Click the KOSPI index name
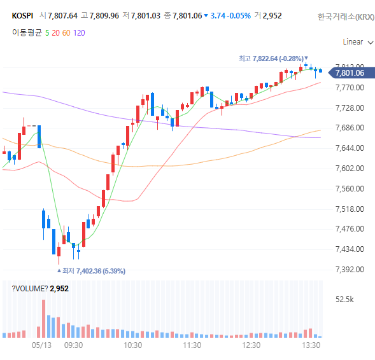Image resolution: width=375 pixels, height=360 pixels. (x=22, y=16)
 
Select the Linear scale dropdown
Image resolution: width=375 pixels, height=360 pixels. (x=358, y=42)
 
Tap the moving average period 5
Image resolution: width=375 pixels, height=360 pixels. (x=47, y=33)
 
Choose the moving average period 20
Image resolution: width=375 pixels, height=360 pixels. (x=56, y=33)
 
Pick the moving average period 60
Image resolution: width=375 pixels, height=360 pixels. (x=66, y=33)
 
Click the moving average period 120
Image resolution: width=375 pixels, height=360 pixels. (x=79, y=33)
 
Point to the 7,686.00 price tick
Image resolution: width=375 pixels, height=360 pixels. (x=350, y=128)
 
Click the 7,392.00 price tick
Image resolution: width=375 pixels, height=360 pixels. (x=350, y=270)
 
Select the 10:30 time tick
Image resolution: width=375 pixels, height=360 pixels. (x=132, y=345)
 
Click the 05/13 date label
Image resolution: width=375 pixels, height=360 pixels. (x=41, y=345)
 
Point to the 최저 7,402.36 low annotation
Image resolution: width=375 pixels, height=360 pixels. (x=91, y=271)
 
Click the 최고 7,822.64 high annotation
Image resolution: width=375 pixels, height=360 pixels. (x=273, y=59)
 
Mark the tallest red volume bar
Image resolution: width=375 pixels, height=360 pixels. (x=43, y=319)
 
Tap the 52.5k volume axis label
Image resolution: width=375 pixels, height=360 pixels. (x=344, y=300)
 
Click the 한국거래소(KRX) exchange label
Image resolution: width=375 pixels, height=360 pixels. (x=346, y=17)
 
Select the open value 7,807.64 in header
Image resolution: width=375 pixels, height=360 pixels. (x=62, y=16)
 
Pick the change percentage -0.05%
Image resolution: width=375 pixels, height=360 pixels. (x=239, y=16)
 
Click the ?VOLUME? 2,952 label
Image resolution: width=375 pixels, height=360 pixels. (x=40, y=289)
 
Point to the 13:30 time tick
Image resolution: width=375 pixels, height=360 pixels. (x=311, y=345)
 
